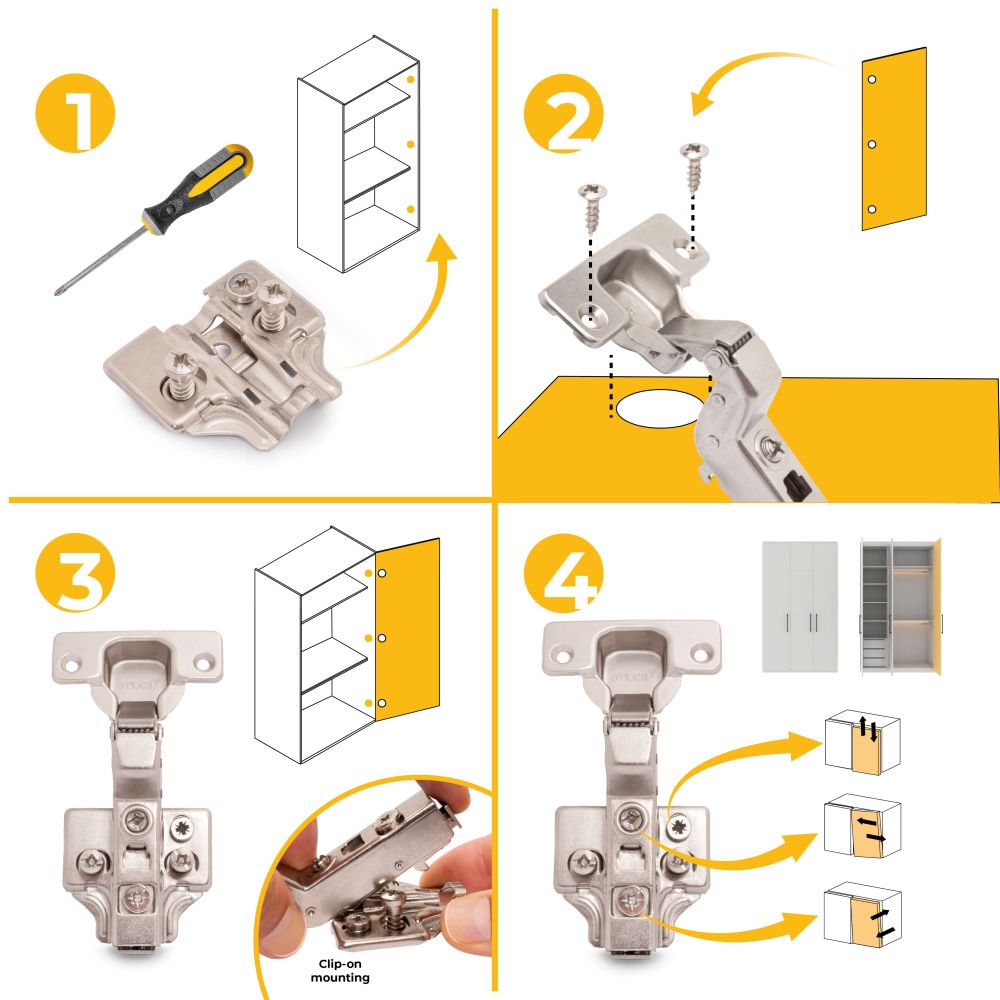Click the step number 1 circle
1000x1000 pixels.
(x=75, y=113)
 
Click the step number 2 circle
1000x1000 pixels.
(x=564, y=113)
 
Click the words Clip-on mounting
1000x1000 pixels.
(x=340, y=971)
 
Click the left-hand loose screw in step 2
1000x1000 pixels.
(x=592, y=208)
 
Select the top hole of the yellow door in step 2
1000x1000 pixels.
(x=872, y=79)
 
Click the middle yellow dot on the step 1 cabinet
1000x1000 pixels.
(x=411, y=144)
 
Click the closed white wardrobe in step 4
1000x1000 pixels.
(x=800, y=607)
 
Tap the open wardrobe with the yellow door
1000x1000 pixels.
(x=901, y=605)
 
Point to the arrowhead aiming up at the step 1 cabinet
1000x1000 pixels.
(x=440, y=247)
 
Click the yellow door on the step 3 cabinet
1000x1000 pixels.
(x=407, y=630)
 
